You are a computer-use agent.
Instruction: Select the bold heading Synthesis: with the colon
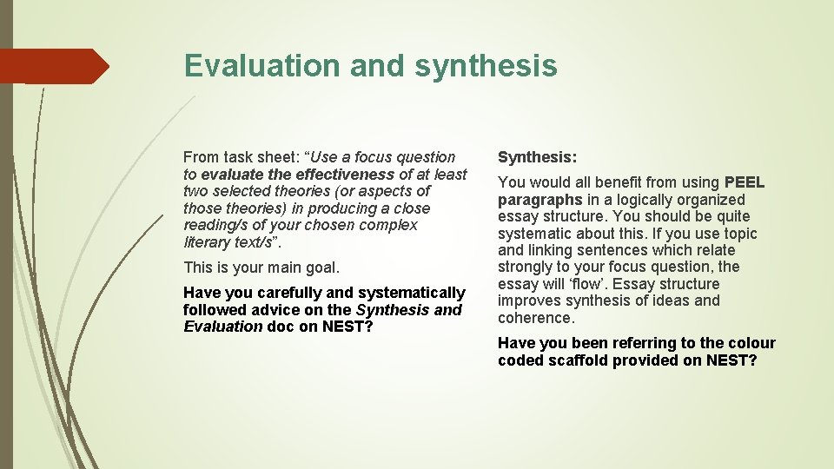tap(537, 157)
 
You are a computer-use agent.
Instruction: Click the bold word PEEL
tap(745, 182)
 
